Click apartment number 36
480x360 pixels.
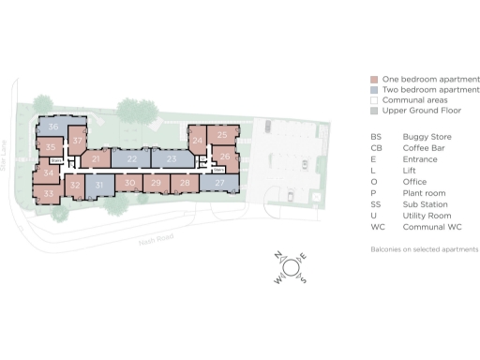53,127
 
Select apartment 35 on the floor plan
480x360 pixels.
52,147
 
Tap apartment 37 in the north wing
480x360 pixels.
79,141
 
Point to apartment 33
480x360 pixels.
48,192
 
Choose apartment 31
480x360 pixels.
98,186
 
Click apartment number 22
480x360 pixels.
131,160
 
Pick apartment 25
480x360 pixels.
222,135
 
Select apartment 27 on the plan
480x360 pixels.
219,184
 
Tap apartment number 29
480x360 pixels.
156,184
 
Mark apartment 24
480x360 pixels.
197,141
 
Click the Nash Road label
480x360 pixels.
140,239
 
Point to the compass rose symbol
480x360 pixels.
290,268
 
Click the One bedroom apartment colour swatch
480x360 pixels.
374,80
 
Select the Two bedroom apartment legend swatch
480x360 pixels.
374,90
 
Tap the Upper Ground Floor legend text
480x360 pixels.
417,111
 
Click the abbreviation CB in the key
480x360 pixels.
376,147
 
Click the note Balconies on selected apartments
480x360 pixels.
425,249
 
